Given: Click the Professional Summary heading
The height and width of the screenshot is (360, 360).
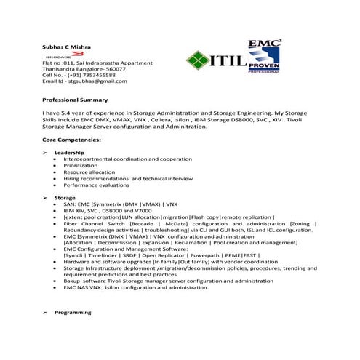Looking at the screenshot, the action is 75,100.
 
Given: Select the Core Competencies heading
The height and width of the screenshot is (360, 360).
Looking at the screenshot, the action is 72,137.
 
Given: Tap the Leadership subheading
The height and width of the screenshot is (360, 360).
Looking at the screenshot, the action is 69,152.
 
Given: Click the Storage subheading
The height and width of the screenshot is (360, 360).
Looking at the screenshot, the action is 65,197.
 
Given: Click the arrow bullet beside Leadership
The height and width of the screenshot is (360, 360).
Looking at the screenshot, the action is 46,152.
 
